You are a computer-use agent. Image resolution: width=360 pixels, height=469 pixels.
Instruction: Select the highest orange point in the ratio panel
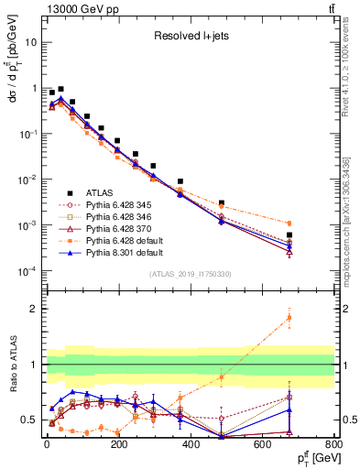coord(314,318)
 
